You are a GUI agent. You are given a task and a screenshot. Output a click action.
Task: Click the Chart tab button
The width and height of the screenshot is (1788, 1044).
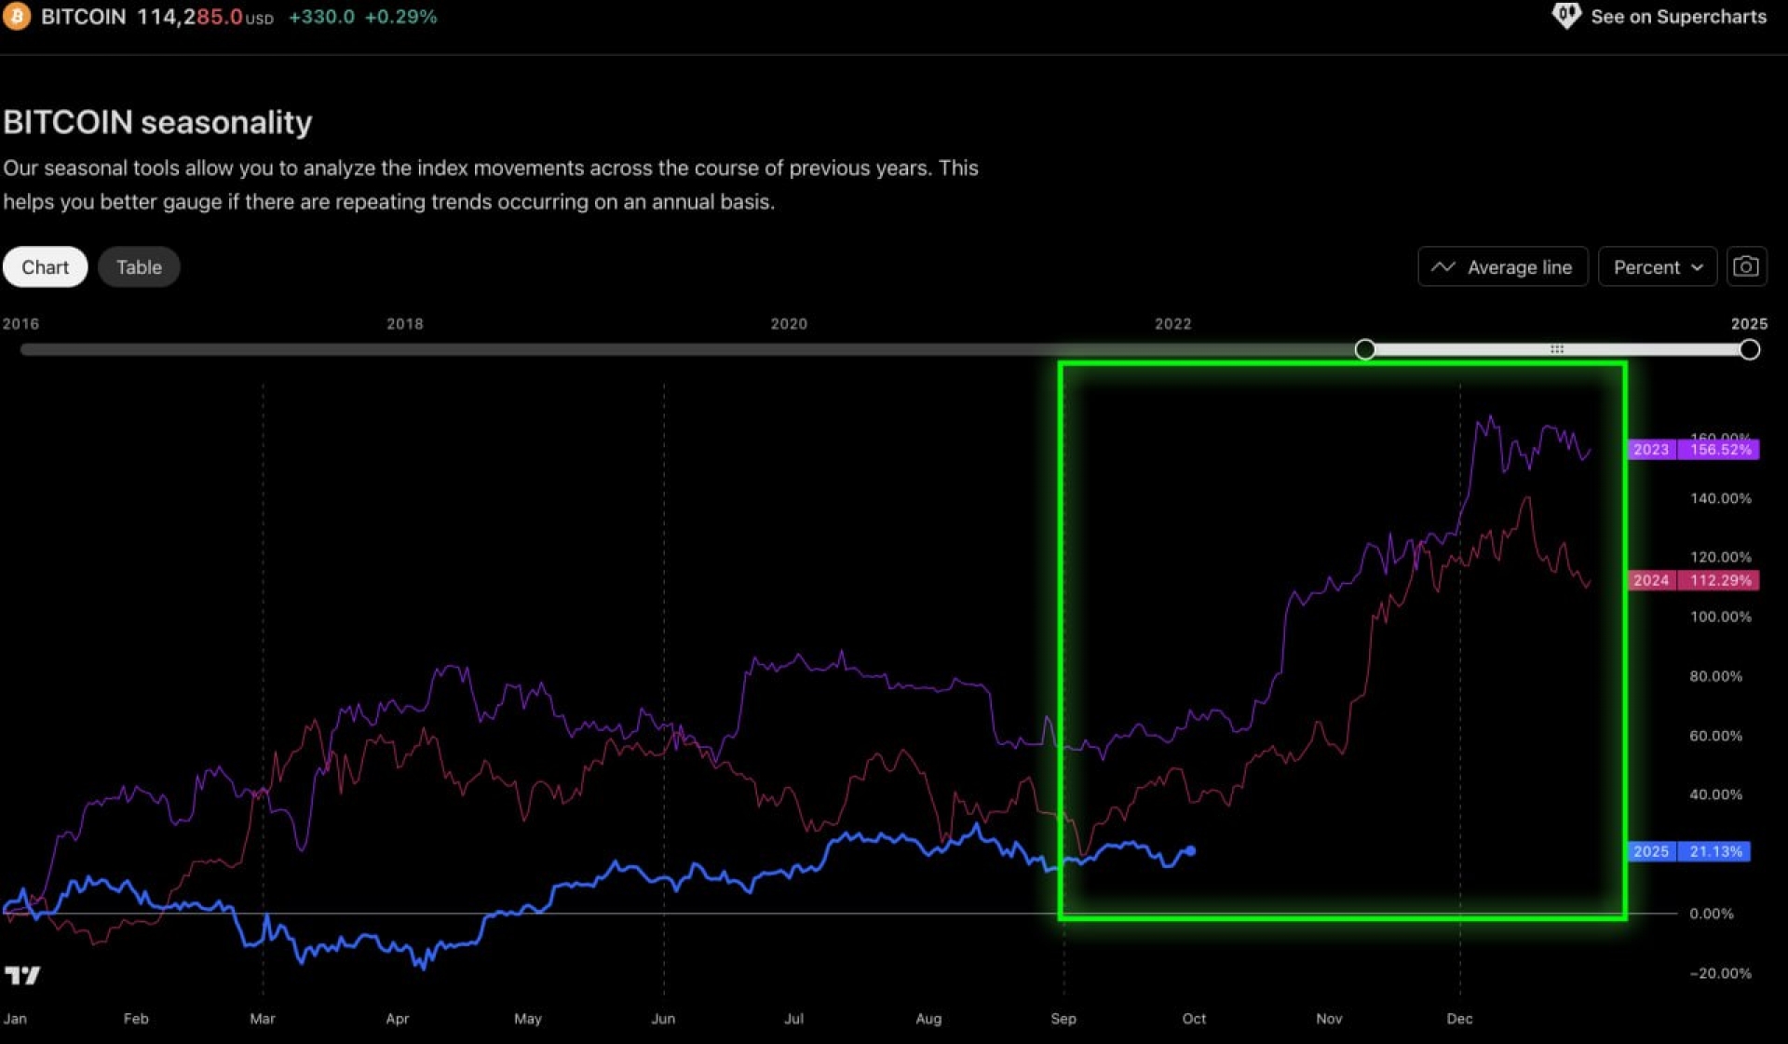click(x=45, y=267)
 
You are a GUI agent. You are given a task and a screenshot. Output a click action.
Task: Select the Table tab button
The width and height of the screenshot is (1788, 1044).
click(x=139, y=267)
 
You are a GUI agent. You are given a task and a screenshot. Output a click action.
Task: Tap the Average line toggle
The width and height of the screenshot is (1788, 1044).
click(x=1502, y=267)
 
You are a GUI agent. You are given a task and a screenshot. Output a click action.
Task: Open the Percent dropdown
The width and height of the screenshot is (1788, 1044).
click(x=1657, y=267)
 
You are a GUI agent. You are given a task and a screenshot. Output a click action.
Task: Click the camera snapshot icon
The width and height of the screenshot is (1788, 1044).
click(x=1746, y=267)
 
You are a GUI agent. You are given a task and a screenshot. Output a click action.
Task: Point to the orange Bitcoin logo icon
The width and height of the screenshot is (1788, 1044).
click(x=16, y=16)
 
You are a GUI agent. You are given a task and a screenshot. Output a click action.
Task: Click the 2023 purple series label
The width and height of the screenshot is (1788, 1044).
click(x=1651, y=450)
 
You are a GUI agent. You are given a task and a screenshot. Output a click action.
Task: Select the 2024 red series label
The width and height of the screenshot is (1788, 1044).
click(x=1651, y=580)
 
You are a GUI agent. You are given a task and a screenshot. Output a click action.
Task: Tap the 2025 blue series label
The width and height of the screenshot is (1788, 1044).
click(x=1651, y=851)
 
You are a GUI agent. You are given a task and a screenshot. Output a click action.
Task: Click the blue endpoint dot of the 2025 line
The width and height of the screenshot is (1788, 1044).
click(x=1190, y=850)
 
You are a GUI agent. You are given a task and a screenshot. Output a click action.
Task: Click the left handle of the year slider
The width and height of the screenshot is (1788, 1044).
click(x=1365, y=349)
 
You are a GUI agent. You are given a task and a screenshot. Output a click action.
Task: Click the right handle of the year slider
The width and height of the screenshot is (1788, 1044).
click(x=1749, y=349)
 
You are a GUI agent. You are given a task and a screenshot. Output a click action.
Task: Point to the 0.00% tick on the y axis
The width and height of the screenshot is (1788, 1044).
click(x=1712, y=914)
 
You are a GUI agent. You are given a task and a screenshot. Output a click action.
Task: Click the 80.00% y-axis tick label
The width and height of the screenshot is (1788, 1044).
click(x=1715, y=676)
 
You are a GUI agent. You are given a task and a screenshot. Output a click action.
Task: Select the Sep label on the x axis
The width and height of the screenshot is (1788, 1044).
click(x=1063, y=1019)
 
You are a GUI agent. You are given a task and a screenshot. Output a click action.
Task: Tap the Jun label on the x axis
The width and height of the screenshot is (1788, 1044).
click(x=663, y=1019)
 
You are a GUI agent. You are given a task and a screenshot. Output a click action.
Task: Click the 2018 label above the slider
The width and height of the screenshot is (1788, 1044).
click(x=405, y=324)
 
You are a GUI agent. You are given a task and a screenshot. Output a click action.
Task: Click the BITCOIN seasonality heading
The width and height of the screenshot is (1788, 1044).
click(x=157, y=122)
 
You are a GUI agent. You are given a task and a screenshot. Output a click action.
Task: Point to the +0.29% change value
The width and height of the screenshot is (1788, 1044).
click(x=400, y=17)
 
